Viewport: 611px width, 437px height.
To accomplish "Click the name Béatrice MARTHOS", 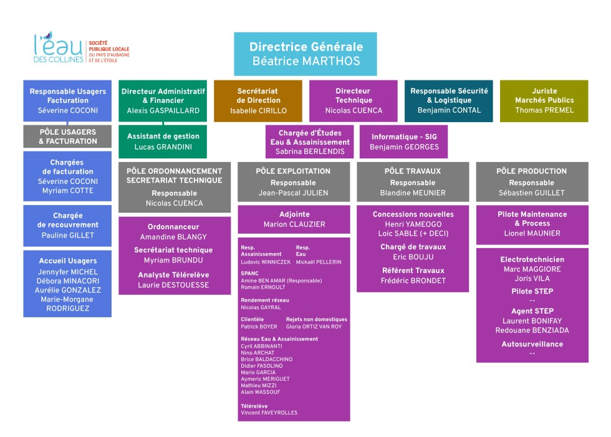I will (305, 61).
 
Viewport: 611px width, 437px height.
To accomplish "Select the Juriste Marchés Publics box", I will (544, 100).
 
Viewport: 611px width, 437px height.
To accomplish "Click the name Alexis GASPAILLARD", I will (163, 110).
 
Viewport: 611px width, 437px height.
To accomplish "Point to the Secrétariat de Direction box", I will (258, 100).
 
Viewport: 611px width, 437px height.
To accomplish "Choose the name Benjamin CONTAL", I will (449, 110).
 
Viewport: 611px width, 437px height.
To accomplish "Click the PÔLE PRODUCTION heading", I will (532, 171).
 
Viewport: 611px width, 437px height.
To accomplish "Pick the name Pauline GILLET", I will (67, 235).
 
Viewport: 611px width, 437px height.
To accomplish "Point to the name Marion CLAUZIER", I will (294, 224).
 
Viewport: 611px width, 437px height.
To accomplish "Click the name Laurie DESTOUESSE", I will (174, 285).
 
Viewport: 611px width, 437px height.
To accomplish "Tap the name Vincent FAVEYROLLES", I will (269, 413).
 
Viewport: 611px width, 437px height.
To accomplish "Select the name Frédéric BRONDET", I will (413, 281).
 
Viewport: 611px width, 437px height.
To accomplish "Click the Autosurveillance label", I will (532, 343).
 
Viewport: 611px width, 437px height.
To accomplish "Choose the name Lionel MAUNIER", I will (532, 234).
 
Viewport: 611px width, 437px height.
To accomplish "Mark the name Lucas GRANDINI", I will (163, 146).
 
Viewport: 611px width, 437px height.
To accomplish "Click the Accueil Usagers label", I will (67, 261).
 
